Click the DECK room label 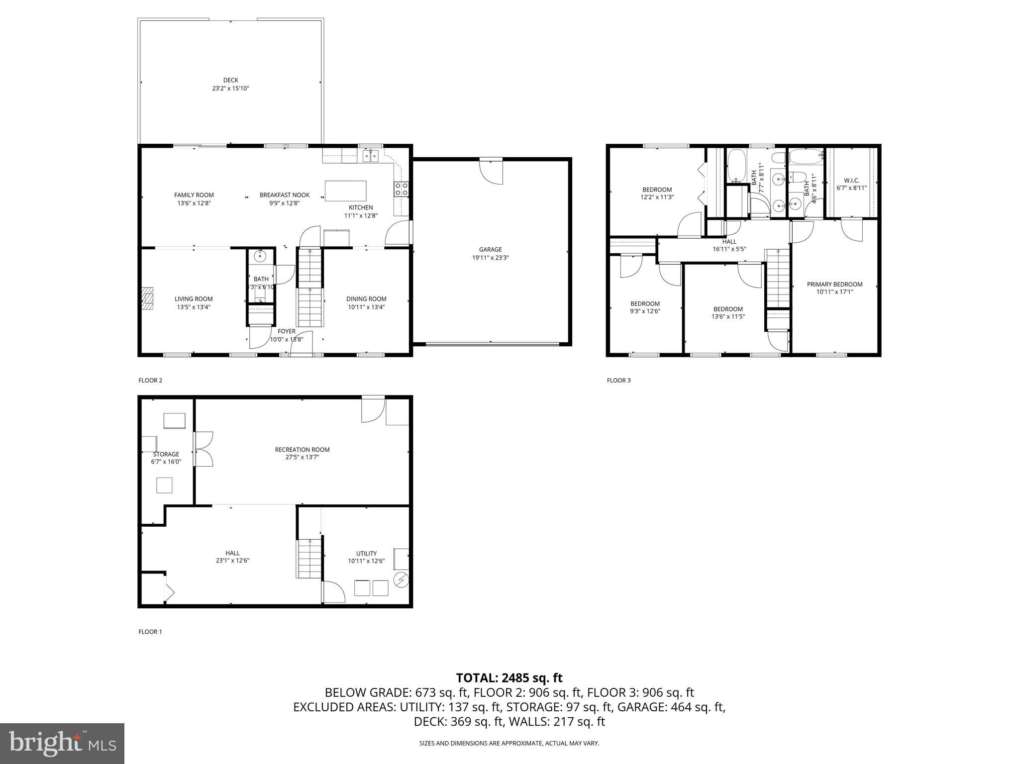pos(230,80)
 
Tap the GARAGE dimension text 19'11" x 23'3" pos(490,258)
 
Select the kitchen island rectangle pos(345,191)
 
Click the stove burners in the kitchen pos(402,189)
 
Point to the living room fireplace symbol pos(147,298)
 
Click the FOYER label pos(286,331)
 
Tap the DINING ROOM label pos(366,299)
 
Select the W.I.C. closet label pos(851,181)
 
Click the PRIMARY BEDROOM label pos(834,285)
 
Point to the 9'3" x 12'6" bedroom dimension pos(645,311)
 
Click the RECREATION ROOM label pos(302,450)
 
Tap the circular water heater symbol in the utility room pos(401,580)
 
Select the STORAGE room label pos(166,454)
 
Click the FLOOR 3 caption pos(618,381)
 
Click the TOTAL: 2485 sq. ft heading pos(509,678)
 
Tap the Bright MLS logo pos(62,743)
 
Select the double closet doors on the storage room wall pos(203,449)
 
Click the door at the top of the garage pos(491,172)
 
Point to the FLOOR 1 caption pos(150,632)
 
